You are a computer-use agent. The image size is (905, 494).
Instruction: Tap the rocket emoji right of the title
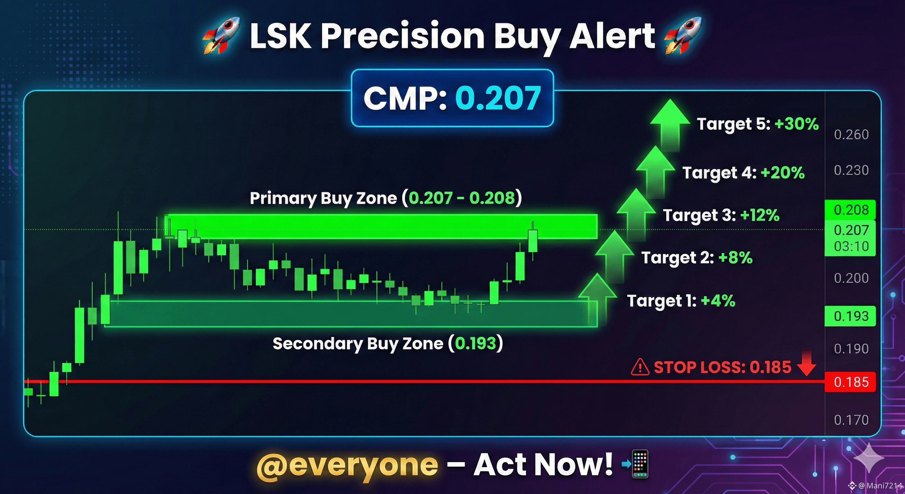[x=683, y=35]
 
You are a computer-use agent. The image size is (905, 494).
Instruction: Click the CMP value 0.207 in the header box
[x=498, y=98]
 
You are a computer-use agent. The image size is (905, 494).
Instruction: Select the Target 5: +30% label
[x=758, y=124]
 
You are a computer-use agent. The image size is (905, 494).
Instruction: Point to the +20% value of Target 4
[x=783, y=173]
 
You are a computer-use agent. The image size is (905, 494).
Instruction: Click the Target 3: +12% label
[x=721, y=215]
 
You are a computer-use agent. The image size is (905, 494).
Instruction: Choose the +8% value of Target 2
[x=735, y=258]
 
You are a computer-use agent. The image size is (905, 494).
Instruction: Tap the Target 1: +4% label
[x=681, y=301]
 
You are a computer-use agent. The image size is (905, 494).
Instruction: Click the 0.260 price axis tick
[x=851, y=135]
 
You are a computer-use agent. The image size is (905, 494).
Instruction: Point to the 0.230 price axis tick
[x=851, y=170]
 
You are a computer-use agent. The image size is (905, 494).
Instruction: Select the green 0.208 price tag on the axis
[x=850, y=210]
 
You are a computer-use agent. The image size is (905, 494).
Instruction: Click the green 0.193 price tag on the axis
[x=850, y=316]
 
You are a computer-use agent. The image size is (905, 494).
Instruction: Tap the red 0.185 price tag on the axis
[x=850, y=382]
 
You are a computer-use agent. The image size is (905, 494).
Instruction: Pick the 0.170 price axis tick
[x=851, y=420]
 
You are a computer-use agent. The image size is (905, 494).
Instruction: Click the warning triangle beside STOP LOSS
[x=640, y=367]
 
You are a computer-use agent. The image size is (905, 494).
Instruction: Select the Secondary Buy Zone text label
[x=388, y=343]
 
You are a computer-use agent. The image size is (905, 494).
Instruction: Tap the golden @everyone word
[x=347, y=465]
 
